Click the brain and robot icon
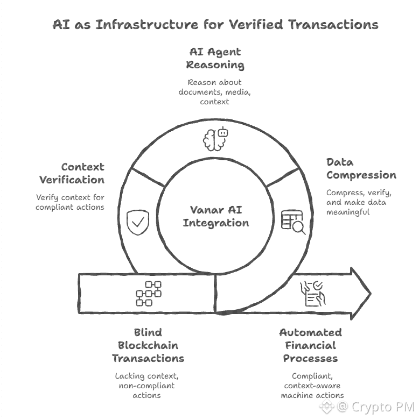click(215, 139)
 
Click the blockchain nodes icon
click(149, 294)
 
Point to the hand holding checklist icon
click(312, 294)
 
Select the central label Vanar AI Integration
click(215, 216)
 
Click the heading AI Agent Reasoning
click(215, 59)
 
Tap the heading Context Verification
click(82, 173)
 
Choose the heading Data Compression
click(361, 168)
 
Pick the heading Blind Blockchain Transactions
click(148, 345)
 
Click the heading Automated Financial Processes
click(310, 345)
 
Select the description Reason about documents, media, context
click(215, 91)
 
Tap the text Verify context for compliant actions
click(70, 202)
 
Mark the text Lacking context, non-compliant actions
click(146, 386)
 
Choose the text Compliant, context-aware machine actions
click(312, 386)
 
